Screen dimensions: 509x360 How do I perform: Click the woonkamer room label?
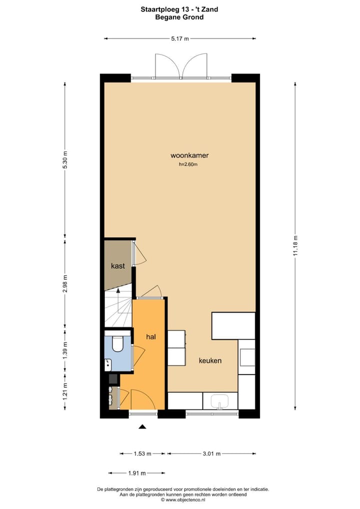coord(189,155)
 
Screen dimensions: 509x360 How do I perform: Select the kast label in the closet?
coord(118,266)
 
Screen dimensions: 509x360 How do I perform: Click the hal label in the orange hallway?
coord(151,337)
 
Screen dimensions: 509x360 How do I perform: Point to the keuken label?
coord(210,360)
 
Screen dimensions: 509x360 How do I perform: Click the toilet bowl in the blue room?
coord(118,344)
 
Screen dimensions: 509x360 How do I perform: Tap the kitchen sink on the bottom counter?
coord(220,401)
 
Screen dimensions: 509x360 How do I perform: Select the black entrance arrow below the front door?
coord(142,426)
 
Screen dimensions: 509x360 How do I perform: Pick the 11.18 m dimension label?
coord(295,245)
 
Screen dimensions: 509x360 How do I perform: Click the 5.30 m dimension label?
coord(64,160)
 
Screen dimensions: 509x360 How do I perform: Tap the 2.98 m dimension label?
coord(64,283)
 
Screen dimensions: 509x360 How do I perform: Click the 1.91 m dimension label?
coord(136,473)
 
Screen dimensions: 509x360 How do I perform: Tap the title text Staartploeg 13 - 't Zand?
coord(179,9)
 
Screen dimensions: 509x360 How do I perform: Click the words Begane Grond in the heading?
coord(179,17)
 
